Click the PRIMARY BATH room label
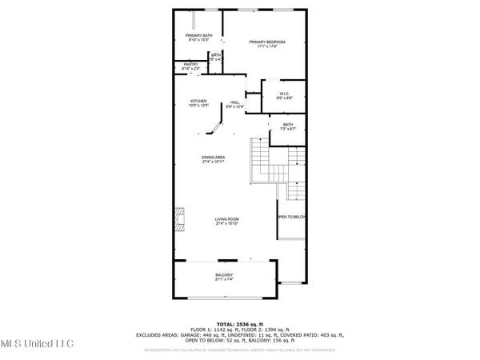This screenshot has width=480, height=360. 198,35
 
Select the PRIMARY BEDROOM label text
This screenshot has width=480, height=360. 266,42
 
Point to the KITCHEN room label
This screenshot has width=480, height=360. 198,101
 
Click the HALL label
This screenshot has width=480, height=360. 235,102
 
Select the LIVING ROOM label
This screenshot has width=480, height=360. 227,219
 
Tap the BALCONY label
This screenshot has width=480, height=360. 224,274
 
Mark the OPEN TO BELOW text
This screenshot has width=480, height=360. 292,217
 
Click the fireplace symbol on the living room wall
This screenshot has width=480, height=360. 178,218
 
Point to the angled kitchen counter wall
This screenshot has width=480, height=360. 216,127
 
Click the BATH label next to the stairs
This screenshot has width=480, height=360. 287,124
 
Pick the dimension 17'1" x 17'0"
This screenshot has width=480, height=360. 266,46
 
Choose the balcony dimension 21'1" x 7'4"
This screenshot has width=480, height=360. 224,279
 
